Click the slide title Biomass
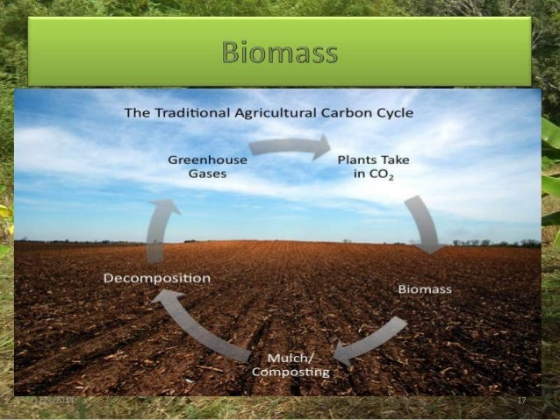280,52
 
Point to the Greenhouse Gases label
207,167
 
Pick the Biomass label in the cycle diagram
425,289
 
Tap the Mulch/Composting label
291,365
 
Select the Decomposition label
157,278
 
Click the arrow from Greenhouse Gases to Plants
291,146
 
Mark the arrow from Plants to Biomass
424,223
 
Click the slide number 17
521,401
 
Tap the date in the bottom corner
54,401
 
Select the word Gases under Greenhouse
207,174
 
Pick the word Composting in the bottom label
291,372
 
